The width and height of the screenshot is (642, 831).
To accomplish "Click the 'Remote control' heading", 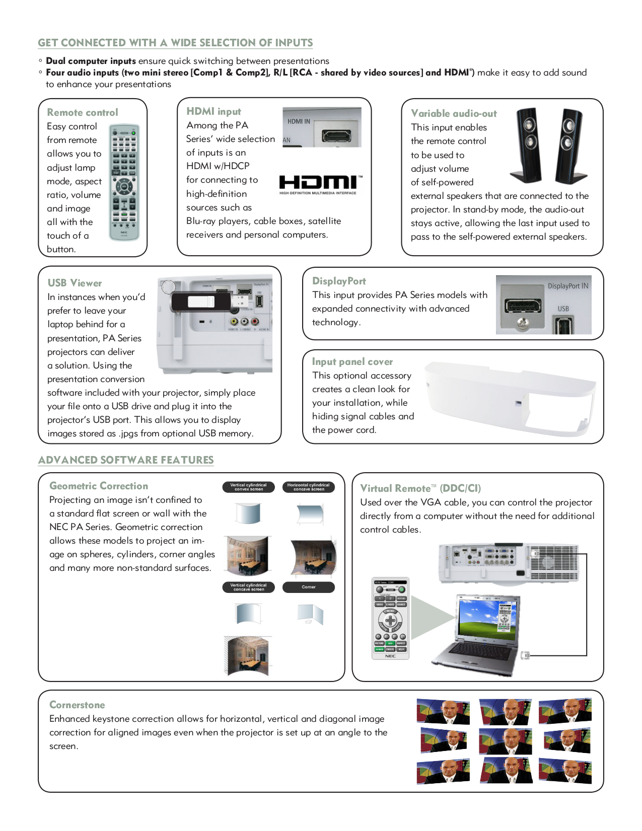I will point(83,113).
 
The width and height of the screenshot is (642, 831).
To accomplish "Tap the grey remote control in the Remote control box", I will point(124,182).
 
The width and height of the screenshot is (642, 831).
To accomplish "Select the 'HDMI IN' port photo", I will point(322,127).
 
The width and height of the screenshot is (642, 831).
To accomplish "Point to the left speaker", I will point(526,144).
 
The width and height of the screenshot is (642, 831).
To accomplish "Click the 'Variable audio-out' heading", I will point(454,114).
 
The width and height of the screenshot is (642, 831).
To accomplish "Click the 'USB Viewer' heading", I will point(75,283).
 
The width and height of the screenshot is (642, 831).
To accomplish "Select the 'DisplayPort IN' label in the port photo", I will point(567,286).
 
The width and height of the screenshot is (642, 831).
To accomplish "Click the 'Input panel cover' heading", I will point(352,362).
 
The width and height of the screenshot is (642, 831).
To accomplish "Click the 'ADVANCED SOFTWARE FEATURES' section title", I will point(126,460).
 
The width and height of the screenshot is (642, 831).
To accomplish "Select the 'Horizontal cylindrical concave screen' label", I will point(308,487).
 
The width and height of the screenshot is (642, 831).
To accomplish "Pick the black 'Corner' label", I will point(308,587).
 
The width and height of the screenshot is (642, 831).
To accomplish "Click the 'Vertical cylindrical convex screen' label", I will point(248,487).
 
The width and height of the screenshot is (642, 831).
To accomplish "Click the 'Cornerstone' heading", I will point(77,705).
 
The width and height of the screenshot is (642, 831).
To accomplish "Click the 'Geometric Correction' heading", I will point(99,486).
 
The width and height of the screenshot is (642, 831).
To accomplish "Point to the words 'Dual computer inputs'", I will point(91,61).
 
